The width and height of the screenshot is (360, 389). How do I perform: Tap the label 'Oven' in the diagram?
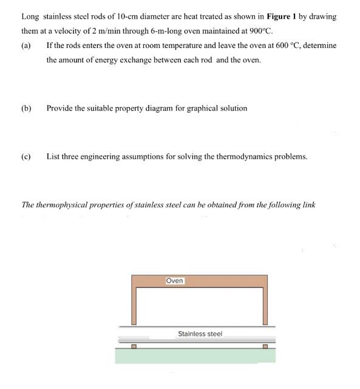(174, 281)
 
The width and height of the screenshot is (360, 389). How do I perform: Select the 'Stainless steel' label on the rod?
(200, 334)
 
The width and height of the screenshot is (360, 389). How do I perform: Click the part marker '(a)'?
(26, 46)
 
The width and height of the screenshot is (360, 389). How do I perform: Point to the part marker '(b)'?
(26, 108)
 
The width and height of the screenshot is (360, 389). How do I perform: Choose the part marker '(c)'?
(26, 156)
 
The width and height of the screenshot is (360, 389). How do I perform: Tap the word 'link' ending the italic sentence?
(309, 205)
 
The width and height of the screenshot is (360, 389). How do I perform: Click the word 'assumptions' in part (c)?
(146, 156)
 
